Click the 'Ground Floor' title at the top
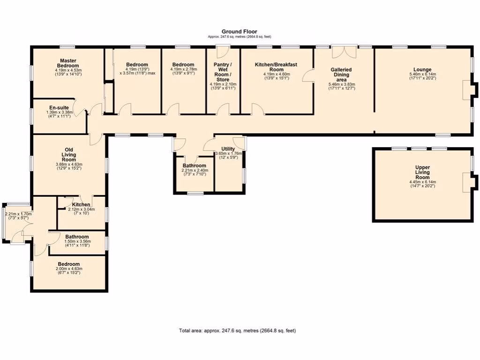point(239,31)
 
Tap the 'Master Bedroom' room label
point(68,63)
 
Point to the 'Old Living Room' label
point(68,154)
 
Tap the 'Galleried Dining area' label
point(341,75)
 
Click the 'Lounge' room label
point(422,69)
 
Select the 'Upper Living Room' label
point(422,172)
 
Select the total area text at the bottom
point(237,330)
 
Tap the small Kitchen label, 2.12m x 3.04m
point(81,205)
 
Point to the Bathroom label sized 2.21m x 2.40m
point(195,165)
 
